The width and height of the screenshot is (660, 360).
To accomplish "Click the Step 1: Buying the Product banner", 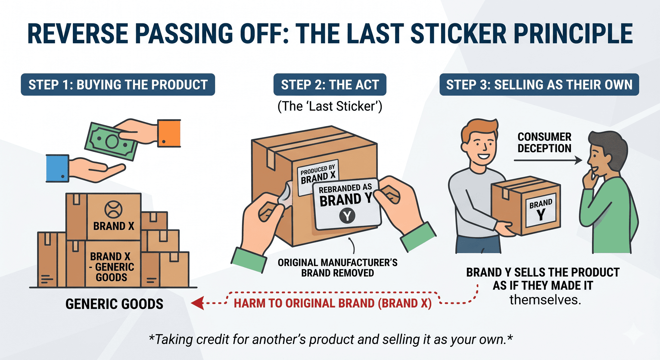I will click(x=118, y=85).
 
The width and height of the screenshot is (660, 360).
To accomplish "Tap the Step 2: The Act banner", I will click(x=330, y=85).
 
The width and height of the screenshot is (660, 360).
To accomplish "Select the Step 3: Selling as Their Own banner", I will click(x=539, y=85).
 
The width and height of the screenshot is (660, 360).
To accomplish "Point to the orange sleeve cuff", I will click(x=169, y=133).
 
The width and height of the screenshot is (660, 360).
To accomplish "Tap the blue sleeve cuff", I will click(x=57, y=168).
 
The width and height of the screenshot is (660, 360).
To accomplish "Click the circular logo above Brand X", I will click(x=113, y=209).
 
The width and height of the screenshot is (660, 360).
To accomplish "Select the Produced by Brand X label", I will click(x=318, y=174).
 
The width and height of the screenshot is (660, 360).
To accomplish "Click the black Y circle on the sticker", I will click(x=347, y=216).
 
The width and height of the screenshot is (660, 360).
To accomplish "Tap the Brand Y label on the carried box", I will click(x=541, y=210).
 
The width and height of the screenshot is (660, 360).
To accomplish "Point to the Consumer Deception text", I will click(x=544, y=142).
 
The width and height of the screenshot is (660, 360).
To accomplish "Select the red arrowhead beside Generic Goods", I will click(x=198, y=303).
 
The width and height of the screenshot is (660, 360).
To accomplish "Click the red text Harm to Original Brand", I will click(x=332, y=303).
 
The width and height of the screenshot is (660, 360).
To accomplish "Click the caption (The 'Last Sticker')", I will click(x=330, y=106).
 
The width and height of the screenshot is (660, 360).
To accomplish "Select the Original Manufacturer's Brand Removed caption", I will click(x=338, y=268).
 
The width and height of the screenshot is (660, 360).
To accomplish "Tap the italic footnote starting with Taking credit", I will click(x=330, y=339).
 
